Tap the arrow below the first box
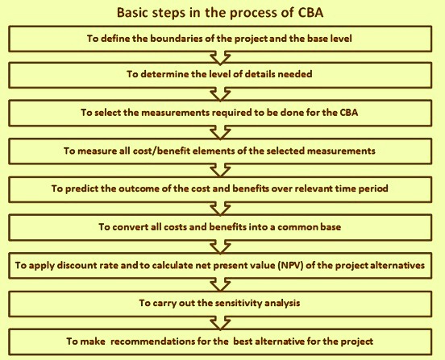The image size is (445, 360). [220, 57]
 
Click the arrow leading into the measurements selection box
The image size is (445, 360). [220, 94]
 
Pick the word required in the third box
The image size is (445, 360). [231, 113]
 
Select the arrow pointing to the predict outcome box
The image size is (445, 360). [220, 171]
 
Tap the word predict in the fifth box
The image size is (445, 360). [81, 188]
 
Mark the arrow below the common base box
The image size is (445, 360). [220, 246]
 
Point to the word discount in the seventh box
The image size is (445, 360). [73, 265]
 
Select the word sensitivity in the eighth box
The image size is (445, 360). [237, 303]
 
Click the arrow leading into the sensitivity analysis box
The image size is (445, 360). [220, 284]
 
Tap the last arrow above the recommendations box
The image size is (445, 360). [220, 323]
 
